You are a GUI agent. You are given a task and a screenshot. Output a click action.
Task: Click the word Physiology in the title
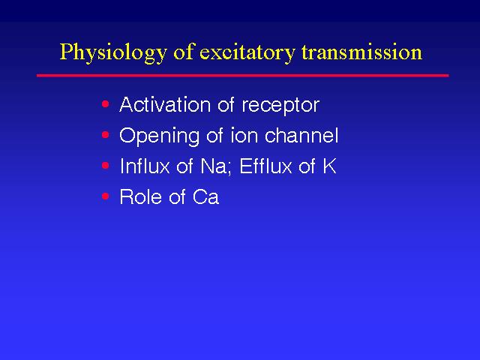coord(113,52)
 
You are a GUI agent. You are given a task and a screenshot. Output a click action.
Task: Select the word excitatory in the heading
coord(247,52)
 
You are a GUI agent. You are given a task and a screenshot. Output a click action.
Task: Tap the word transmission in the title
coord(362,52)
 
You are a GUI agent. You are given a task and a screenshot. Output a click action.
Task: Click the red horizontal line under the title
coord(243,75)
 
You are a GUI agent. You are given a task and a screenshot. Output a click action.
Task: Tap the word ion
coord(244,135)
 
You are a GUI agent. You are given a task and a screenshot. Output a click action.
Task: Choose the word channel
coord(301,135)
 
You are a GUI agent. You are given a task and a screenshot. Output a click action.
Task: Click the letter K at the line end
coord(329,166)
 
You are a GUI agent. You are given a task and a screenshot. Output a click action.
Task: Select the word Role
coord(141,196)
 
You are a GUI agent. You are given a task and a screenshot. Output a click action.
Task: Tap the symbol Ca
coord(205,196)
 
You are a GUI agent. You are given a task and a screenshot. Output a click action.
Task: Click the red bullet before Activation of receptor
coord(106,104)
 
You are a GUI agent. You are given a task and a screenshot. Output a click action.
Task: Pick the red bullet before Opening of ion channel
coord(106,135)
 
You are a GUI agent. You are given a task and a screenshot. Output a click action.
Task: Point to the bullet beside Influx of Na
coord(106,166)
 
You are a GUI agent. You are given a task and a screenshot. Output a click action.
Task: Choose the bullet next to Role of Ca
coord(106,196)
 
